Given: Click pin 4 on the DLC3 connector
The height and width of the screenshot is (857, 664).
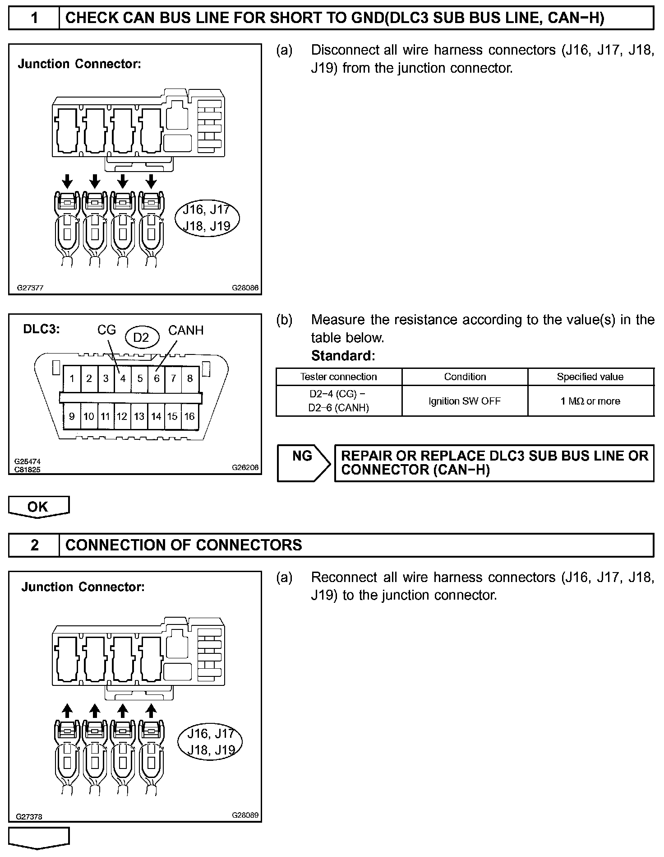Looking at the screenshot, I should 123,378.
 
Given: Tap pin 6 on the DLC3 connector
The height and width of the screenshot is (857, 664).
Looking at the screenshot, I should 157,378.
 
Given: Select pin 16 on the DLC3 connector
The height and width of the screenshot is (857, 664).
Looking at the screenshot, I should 189,416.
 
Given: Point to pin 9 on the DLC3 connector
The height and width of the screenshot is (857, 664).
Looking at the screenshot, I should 72,416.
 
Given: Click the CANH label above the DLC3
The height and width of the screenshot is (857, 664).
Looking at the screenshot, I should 186,331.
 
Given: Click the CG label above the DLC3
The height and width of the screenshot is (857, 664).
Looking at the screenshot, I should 106,330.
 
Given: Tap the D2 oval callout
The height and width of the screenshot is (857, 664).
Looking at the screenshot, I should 141,337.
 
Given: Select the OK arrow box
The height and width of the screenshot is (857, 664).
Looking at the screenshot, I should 38,507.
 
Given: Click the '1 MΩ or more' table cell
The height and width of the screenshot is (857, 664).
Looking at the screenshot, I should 590,401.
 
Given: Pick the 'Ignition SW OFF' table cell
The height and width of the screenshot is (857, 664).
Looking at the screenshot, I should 465,401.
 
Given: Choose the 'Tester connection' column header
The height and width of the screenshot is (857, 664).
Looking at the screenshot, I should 339,377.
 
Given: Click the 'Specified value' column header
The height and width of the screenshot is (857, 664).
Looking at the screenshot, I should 590,377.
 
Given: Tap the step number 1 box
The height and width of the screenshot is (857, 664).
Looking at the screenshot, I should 34,18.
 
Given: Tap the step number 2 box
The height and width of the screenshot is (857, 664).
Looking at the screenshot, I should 34,545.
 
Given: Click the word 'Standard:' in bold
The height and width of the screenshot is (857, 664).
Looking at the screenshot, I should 343,356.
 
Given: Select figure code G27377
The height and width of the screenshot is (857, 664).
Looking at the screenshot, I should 31,288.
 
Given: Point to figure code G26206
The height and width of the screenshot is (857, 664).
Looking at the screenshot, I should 245,468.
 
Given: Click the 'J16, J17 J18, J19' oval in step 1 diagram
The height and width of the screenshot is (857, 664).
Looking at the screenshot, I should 207,218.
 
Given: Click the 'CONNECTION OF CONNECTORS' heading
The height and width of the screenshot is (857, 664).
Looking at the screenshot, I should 184,545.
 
